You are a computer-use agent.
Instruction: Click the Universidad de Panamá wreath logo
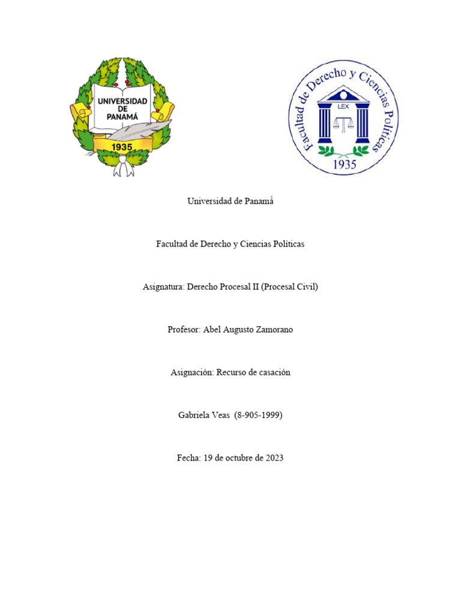click(x=122, y=117)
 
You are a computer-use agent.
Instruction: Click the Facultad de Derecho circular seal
click(x=343, y=118)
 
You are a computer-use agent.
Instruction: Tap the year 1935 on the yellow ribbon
click(x=122, y=146)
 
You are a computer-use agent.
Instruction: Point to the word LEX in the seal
click(x=343, y=106)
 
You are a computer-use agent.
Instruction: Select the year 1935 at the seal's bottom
click(x=344, y=164)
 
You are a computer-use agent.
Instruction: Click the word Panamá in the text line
click(x=259, y=201)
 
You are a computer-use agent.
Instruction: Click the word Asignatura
click(x=163, y=287)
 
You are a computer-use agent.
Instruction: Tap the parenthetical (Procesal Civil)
click(x=289, y=287)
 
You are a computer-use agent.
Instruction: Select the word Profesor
click(x=184, y=329)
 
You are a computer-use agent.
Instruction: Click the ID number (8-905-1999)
click(x=258, y=415)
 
